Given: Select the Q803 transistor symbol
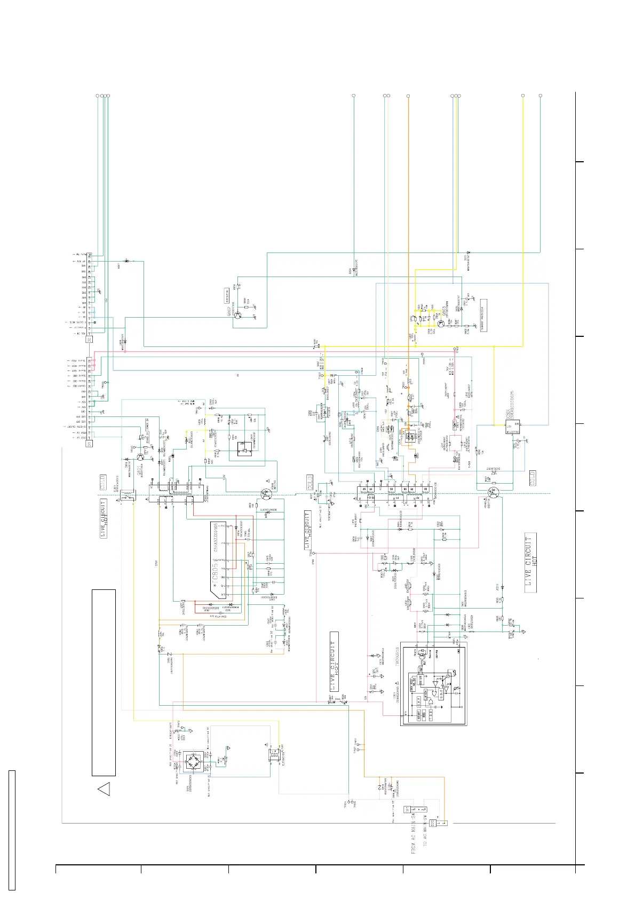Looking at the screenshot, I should click(x=441, y=323).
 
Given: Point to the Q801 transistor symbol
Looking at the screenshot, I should click(x=141, y=457).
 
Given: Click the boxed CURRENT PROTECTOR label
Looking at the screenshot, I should click(x=483, y=316).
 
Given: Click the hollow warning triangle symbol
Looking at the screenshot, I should click(x=104, y=788).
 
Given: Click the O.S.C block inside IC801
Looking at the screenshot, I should click(x=419, y=699).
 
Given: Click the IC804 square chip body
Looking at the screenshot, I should click(x=513, y=427).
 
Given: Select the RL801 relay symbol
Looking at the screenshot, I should click(x=128, y=495).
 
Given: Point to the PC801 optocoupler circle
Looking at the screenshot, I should click(x=266, y=495).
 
